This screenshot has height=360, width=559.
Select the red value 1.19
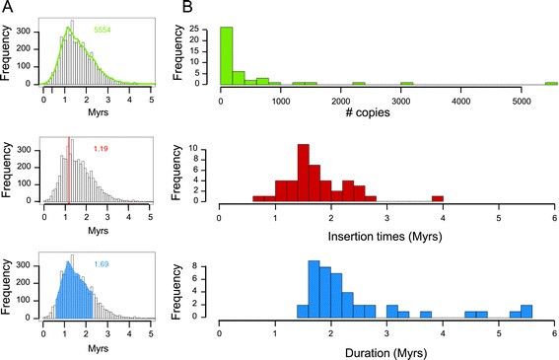[100, 148]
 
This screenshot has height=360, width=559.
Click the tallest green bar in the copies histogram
[226, 55]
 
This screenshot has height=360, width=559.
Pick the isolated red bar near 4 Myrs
[437, 197]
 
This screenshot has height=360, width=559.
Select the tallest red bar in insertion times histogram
[302, 173]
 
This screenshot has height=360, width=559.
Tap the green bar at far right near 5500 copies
[549, 83]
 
